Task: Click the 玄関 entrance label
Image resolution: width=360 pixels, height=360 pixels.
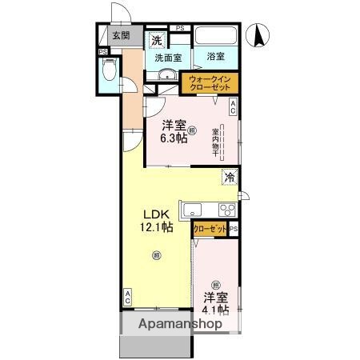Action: [120, 35]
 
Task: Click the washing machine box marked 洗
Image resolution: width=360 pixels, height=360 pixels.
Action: [158, 40]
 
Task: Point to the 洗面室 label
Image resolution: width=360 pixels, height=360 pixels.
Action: [168, 57]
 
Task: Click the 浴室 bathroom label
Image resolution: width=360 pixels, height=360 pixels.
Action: [215, 57]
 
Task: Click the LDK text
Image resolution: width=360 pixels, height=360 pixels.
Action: [157, 214]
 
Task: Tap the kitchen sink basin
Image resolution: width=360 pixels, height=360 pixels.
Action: [194, 210]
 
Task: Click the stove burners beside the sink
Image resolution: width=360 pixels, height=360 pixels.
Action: [226, 210]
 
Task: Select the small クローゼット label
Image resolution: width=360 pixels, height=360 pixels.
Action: [210, 230]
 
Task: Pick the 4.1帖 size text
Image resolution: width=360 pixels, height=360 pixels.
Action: [216, 310]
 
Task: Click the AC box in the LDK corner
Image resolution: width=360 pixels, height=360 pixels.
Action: [128, 298]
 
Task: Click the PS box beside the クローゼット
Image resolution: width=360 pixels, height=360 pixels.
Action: [234, 230]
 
